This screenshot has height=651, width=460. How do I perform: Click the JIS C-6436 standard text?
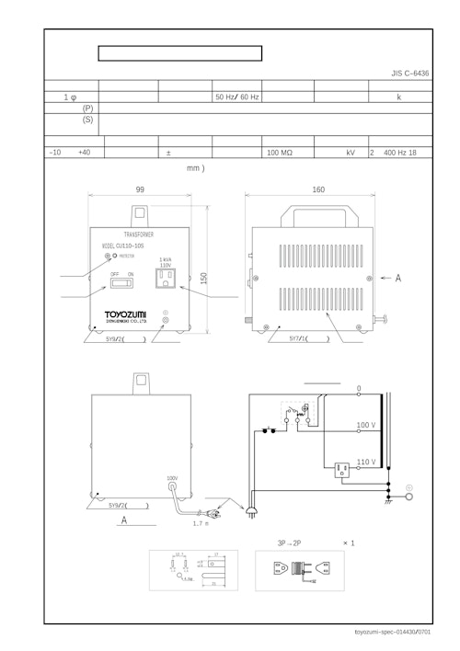(x=409, y=72)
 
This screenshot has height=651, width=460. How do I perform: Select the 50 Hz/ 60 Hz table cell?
(x=236, y=96)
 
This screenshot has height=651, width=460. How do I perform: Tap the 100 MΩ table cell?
(x=280, y=153)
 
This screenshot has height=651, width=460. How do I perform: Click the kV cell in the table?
(x=350, y=153)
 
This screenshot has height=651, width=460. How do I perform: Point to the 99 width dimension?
(x=140, y=189)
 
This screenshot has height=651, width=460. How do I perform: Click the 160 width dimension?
(x=318, y=189)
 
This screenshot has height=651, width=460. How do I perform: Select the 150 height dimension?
(x=203, y=278)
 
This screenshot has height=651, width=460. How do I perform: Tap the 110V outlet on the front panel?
(x=167, y=279)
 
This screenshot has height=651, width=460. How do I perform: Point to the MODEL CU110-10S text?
(x=128, y=246)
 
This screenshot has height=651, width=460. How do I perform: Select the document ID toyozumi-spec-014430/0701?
(x=405, y=632)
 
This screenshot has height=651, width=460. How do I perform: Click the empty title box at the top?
(x=180, y=52)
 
